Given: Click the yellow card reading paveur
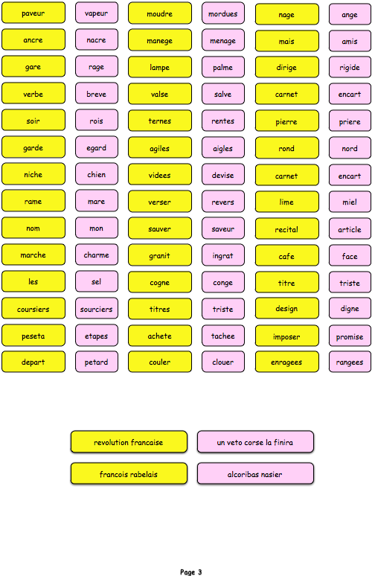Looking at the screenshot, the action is click(33, 13).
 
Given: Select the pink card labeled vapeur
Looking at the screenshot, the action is click(97, 13).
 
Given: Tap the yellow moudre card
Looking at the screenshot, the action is click(160, 13).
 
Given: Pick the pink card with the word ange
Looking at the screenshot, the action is click(350, 14).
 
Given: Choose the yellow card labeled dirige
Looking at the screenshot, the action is click(286, 67).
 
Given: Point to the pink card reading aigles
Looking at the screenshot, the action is click(223, 148).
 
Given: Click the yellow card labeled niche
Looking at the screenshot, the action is click(33, 174).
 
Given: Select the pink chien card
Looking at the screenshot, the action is click(97, 174).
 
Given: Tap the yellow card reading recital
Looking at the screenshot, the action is click(286, 229).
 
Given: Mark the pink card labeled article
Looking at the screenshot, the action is click(350, 229).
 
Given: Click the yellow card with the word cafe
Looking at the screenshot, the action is click(286, 256).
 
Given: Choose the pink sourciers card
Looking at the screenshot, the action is click(97, 309).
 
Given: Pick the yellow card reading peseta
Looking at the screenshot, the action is click(33, 336).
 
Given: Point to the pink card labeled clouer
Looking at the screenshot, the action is click(223, 362).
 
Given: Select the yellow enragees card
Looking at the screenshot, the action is click(286, 362).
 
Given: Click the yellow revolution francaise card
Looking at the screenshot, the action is click(129, 442).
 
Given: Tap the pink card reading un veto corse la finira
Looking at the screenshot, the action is click(255, 442).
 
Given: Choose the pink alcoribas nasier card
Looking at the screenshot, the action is click(255, 474).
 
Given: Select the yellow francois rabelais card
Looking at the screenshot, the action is click(129, 474).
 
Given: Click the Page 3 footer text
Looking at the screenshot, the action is click(191, 572).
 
